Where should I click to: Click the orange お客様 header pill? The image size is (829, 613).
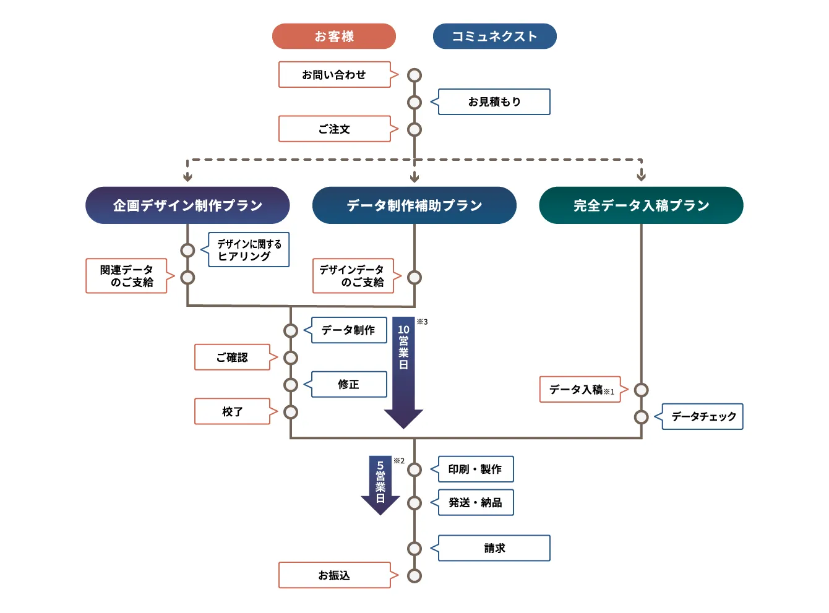(x=334, y=36)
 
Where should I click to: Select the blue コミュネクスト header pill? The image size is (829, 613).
(x=494, y=36)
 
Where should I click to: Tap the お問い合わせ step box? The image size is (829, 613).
(x=335, y=75)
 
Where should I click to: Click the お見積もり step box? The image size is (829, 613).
(x=494, y=102)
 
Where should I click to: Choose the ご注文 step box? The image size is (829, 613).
(x=335, y=129)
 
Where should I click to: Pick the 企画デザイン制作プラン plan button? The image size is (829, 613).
(x=187, y=205)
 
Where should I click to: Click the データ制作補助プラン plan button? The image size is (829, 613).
(x=414, y=205)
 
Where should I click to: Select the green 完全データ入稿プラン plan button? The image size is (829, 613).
(x=641, y=205)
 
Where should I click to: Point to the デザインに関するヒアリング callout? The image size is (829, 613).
(x=249, y=250)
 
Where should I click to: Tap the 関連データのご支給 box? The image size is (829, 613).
(x=127, y=276)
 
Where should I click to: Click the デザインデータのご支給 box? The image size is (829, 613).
(x=353, y=276)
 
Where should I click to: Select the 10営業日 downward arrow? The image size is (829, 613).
(x=403, y=371)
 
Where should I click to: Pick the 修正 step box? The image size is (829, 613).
(x=349, y=385)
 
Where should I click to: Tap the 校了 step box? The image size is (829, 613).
(x=233, y=412)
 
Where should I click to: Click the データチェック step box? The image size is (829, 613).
(x=702, y=417)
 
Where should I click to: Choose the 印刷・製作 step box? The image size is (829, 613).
(x=476, y=469)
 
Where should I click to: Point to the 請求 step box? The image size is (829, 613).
(x=494, y=548)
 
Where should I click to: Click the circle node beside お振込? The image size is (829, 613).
(x=414, y=576)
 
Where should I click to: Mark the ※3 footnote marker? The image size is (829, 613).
(x=422, y=322)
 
